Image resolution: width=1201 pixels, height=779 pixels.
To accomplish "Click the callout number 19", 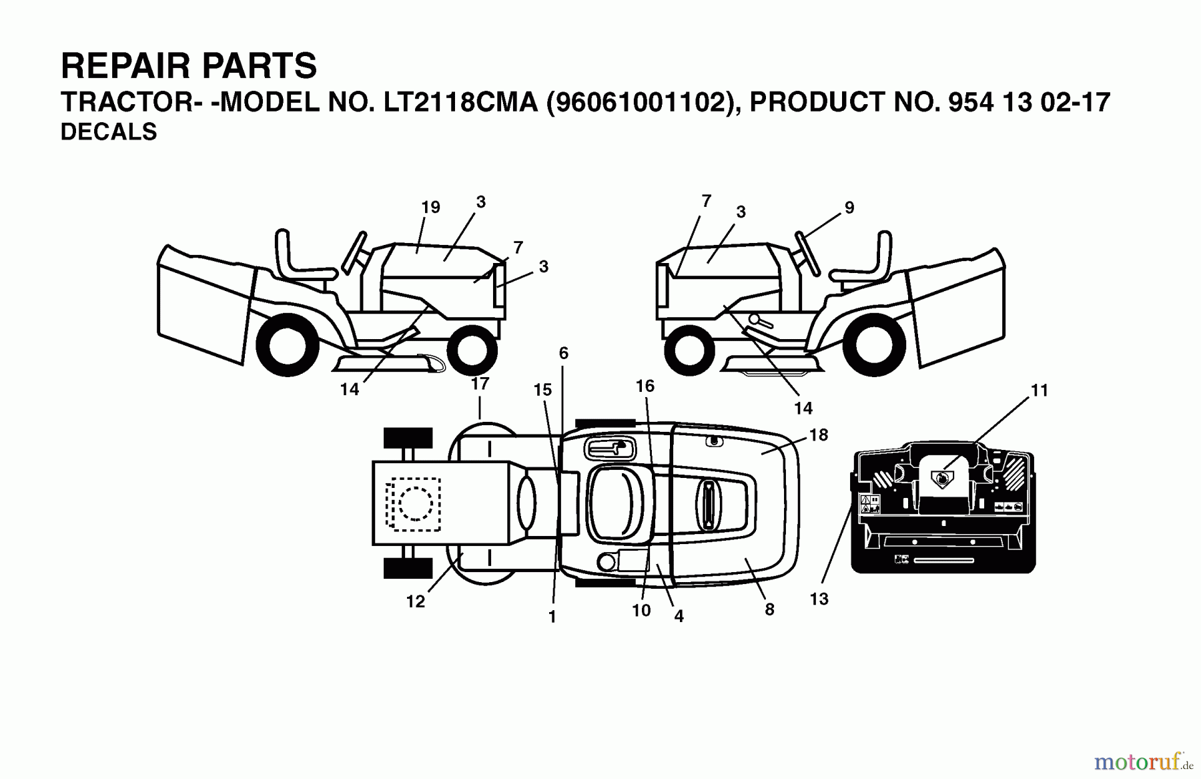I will coord(430,208).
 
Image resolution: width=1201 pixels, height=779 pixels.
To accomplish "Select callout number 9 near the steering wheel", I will coord(849,208).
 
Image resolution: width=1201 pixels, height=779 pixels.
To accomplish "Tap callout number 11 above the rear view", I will coord(1039,391).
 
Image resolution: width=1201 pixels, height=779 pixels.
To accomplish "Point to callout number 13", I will coord(819,599).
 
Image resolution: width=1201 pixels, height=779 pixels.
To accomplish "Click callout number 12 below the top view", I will coord(415,601).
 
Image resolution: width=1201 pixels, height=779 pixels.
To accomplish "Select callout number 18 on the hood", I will coord(818,435).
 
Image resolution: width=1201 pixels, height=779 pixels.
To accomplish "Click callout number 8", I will coord(769,609).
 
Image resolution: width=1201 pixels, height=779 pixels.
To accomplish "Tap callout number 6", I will coord(564,353).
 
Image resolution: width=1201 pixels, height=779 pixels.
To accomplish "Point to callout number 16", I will coord(645,386).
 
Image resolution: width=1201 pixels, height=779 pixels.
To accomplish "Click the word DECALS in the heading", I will coord(109,132).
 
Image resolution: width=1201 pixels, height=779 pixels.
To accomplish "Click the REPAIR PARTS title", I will coord(189,66).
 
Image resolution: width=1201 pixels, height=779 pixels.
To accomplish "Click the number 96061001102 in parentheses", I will coord(641,102).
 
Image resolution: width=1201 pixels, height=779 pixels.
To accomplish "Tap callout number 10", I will coord(641,610).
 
